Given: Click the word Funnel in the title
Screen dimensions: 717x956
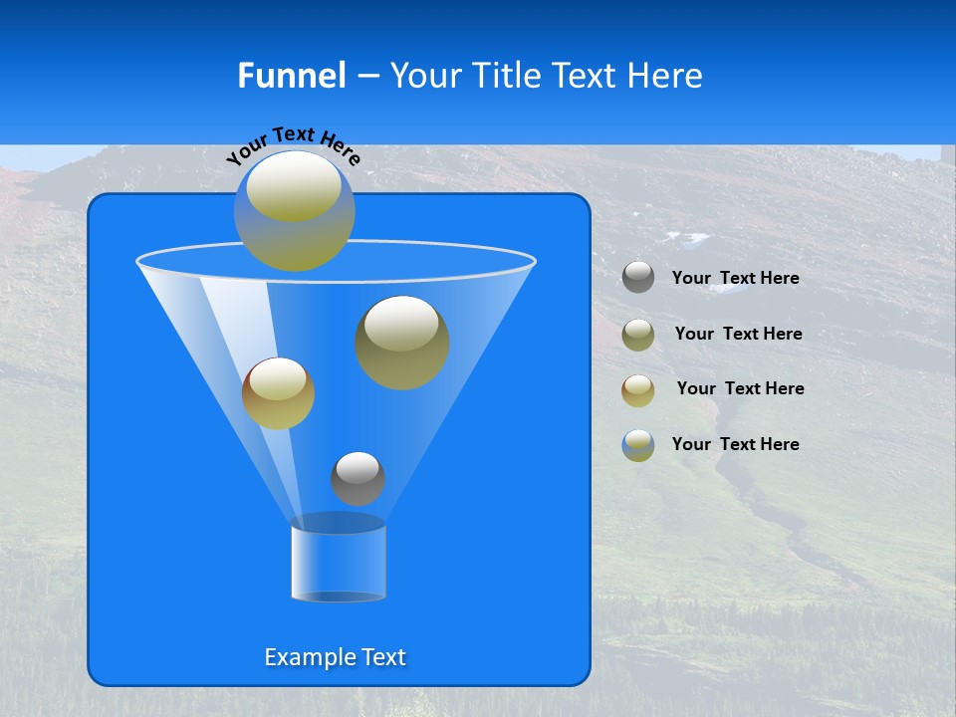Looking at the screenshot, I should pos(291,76).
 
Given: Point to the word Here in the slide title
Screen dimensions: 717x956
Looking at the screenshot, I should pos(665,76).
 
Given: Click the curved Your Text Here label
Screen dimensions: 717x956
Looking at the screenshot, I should pos(293,144).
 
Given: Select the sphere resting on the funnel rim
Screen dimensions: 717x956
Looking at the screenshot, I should pos(294,210).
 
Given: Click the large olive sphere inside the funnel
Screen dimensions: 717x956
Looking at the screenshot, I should pos(402,342).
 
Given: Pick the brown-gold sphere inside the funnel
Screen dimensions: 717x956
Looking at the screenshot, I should pos(278,393).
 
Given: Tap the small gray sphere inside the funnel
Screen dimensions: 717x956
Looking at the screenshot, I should pos(358,478).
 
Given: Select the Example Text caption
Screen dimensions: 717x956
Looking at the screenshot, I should pos(336,657).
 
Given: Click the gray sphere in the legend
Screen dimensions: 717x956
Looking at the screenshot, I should pos(638,277).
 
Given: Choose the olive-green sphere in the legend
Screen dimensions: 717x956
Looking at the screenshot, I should pos(638,334).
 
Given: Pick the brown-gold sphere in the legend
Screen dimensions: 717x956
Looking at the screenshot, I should pos(638,389).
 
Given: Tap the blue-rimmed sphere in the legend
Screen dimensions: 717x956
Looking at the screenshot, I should pos(638,445).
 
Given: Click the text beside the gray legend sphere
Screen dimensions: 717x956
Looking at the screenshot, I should pos(736,278).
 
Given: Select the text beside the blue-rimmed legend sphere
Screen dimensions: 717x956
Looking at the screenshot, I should pos(736,444).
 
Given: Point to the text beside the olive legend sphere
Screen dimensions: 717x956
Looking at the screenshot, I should pos(738,334).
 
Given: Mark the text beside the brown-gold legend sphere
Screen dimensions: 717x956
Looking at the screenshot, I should pos(740,388).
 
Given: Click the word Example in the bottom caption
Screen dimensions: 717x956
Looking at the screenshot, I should pos(308,657).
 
